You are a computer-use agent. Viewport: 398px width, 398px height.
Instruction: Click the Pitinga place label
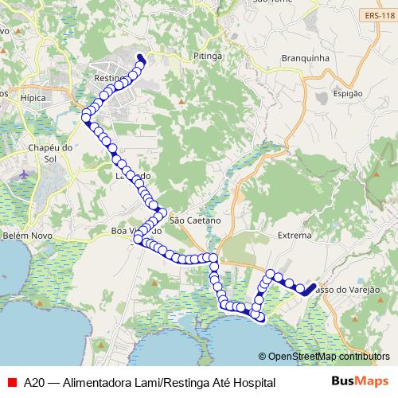pyautogui.click(x=207, y=57)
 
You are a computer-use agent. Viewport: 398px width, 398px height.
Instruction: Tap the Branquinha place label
pyautogui.click(x=305, y=58)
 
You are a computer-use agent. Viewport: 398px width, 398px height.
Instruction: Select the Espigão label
pyautogui.click(x=348, y=93)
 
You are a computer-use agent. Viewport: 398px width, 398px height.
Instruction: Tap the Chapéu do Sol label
pyautogui.click(x=50, y=154)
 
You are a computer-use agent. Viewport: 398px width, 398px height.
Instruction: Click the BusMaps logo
pyautogui.click(x=360, y=382)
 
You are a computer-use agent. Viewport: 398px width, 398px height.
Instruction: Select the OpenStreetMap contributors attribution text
pyautogui.click(x=323, y=357)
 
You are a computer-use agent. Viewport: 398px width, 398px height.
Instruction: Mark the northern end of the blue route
pyautogui.click(x=140, y=57)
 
